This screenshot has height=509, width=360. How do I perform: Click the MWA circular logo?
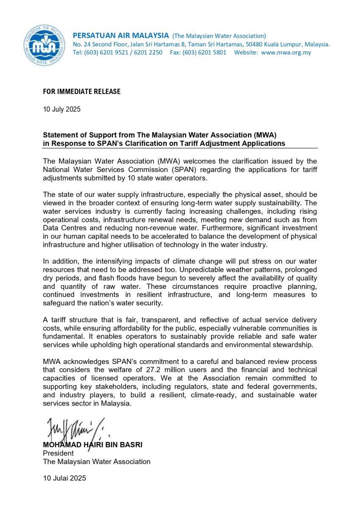pos(45,45)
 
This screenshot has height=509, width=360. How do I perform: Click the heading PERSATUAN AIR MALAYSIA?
pos(121,35)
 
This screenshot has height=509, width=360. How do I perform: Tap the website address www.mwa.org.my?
pos(286,53)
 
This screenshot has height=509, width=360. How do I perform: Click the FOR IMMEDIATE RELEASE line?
pos(82,92)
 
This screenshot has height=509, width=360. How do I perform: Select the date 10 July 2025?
pos(61,109)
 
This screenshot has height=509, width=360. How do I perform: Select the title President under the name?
pos(58,453)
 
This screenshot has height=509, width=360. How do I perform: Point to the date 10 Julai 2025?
pos(64,478)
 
